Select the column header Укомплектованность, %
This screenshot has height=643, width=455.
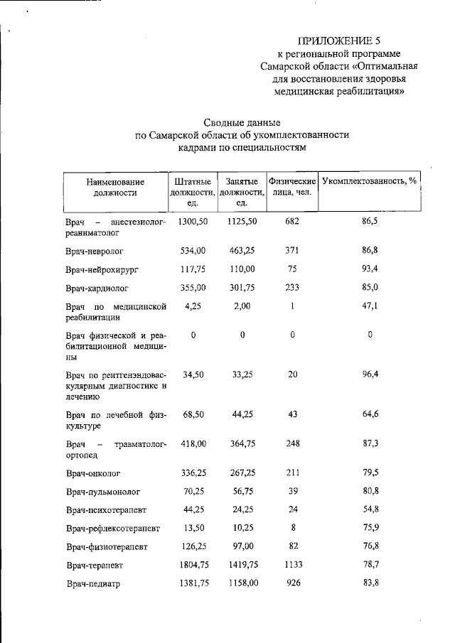pyautogui.click(x=369, y=181)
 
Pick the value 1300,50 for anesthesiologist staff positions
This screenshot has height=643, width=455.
pyautogui.click(x=193, y=222)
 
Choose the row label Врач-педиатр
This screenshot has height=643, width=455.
pyautogui.click(x=92, y=583)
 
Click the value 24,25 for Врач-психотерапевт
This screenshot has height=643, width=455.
pyautogui.click(x=242, y=509)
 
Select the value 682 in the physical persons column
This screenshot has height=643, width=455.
pyautogui.click(x=292, y=222)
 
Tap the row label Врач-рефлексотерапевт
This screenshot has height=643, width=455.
pyautogui.click(x=113, y=529)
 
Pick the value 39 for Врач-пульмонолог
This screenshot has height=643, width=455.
pyautogui.click(x=292, y=491)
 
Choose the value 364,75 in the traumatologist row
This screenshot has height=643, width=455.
pyautogui.click(x=242, y=443)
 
